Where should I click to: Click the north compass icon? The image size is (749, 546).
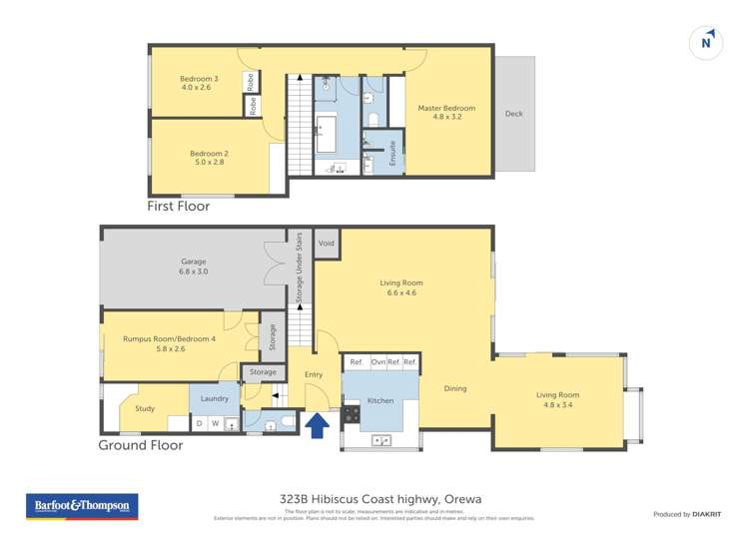coord(706,43)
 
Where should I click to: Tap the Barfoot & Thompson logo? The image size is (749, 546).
coord(82,507)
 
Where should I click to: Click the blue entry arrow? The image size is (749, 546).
coord(318,426)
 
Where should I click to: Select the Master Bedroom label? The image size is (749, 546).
coord(446,113)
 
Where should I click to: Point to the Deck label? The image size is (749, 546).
coord(513,114)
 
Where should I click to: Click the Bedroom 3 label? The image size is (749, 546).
coord(199,83)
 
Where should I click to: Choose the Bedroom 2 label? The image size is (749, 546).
coord(210,158)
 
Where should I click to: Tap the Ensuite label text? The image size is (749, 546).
coord(392,153)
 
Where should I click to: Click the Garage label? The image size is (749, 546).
coord(193,267)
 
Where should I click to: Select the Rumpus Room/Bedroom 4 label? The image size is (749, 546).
coord(169,343)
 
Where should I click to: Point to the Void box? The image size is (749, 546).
coord(327,244)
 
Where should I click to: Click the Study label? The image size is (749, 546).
coord(145,408)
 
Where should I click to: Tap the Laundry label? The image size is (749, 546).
coord(215,398)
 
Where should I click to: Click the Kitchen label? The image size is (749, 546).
coord(380,400)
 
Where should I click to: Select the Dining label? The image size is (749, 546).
coord(454,388)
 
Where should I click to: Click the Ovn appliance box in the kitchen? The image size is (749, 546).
coord(377,361)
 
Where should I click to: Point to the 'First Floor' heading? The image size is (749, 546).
coord(179,207)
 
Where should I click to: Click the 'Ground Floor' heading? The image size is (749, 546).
coord(140,445)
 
